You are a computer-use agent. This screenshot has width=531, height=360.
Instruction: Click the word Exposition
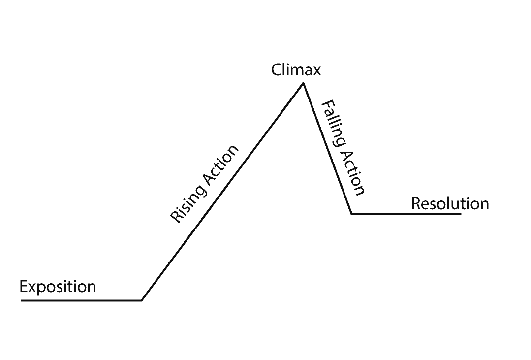[x=58, y=287]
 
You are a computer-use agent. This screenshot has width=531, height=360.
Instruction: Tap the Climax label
[x=296, y=70]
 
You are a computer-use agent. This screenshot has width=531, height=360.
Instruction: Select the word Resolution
[x=450, y=203]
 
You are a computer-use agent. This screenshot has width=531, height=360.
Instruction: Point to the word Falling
[x=333, y=123]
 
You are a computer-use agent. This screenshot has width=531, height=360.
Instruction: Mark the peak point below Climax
[x=303, y=83]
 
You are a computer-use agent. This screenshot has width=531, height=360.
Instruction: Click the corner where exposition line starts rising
[x=142, y=300]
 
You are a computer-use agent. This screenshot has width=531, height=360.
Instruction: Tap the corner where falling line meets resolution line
[x=351, y=214]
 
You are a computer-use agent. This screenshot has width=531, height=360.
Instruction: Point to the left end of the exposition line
[x=22, y=300]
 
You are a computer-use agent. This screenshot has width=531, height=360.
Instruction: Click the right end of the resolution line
[x=461, y=214]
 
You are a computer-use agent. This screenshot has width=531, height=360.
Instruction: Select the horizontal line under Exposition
[x=81, y=300]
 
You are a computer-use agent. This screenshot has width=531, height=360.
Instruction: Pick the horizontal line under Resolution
[x=406, y=214]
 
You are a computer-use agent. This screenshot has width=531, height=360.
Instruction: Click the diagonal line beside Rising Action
[x=221, y=192]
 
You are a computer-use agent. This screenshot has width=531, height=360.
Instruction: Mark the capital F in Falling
[x=326, y=105]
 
